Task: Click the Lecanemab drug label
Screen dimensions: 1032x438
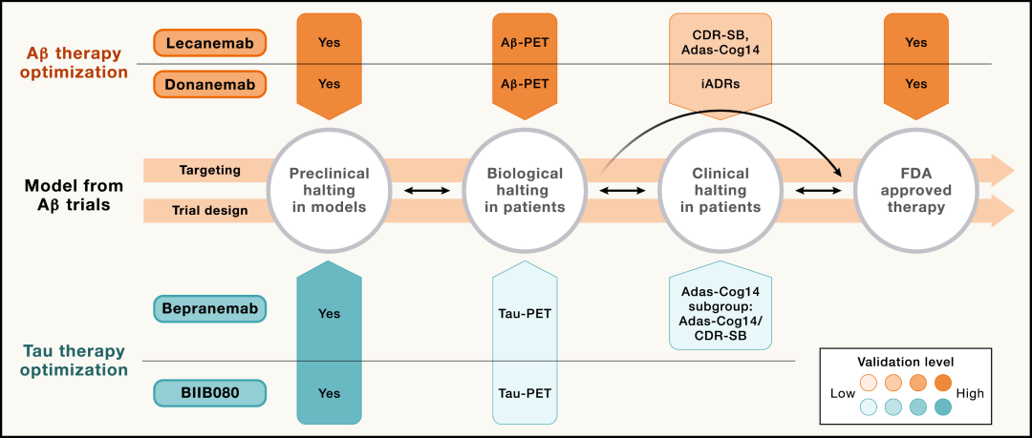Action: coord(210,43)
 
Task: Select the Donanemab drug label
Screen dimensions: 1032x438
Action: coord(210,84)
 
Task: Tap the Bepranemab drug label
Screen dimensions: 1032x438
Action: coord(210,308)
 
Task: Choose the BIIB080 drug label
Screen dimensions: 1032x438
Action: coord(210,393)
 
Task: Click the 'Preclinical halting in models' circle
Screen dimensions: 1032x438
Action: coord(329,191)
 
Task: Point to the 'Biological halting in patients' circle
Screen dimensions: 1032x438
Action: coord(525,191)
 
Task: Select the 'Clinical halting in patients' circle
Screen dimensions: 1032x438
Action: coord(720,191)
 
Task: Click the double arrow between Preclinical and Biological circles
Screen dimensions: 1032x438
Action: coord(426,192)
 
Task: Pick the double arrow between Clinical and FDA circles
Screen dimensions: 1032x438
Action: coord(819,192)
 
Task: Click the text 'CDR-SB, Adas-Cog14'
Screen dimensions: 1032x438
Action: coord(720,42)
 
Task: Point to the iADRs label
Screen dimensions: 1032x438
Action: coord(720,84)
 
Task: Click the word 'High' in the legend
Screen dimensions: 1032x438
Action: coord(971,394)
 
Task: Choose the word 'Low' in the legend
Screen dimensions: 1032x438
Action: coord(842,394)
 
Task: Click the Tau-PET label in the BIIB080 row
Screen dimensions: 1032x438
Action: coord(525,393)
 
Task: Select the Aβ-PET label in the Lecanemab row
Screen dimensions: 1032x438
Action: coord(525,43)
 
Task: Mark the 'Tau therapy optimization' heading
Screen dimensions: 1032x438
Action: coord(74,360)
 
